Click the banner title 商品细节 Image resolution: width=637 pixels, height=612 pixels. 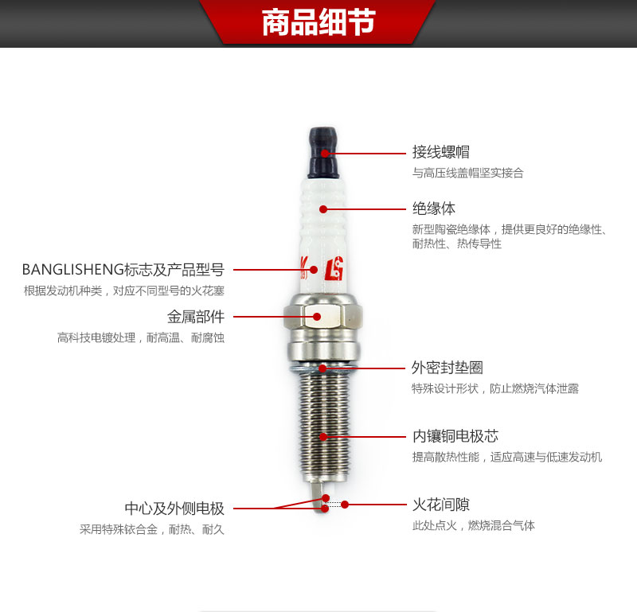click(x=318, y=22)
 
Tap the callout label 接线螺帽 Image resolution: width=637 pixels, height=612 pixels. click(x=441, y=152)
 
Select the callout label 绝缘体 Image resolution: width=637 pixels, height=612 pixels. click(x=434, y=209)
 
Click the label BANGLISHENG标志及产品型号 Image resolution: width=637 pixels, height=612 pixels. click(x=123, y=269)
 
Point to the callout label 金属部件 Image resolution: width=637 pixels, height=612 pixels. click(x=196, y=317)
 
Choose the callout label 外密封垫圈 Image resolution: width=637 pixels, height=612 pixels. click(x=447, y=368)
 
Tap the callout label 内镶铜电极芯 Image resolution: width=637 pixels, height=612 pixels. click(x=455, y=436)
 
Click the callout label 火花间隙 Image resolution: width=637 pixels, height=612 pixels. click(x=441, y=505)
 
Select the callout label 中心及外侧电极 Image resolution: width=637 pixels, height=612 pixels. click(x=174, y=508)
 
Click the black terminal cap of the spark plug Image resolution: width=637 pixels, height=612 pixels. click(x=323, y=153)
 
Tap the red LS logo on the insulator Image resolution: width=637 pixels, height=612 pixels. click(x=334, y=269)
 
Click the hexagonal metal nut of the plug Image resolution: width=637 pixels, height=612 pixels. click(x=323, y=317)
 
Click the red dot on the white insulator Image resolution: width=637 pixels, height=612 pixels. click(x=323, y=209)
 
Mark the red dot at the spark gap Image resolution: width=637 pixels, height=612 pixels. click(x=345, y=505)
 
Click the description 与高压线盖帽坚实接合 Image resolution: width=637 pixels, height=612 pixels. click(x=468, y=173)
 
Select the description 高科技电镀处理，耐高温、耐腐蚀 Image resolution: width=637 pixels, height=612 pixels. click(x=141, y=337)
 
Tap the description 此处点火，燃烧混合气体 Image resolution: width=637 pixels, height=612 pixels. click(x=474, y=525)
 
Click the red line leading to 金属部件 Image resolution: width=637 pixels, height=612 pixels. click(x=273, y=317)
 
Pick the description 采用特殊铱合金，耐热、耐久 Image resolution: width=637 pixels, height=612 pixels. click(x=152, y=529)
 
